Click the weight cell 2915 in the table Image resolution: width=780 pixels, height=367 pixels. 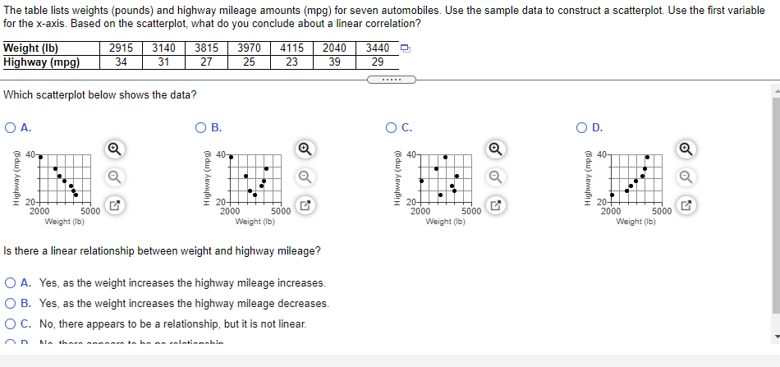pos(122,48)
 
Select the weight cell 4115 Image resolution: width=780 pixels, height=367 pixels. pos(291,48)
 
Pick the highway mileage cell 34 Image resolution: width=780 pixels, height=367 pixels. pos(122,62)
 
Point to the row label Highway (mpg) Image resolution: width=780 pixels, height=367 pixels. pos(42,62)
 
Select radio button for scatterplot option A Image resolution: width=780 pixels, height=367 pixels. pos(10,127)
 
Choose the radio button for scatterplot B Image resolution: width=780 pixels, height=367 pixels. pos(201,127)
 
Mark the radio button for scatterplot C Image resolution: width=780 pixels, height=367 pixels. pos(393,127)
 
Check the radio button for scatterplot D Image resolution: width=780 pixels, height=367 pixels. pos(584,127)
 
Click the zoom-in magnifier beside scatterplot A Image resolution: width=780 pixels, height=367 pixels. pos(115,149)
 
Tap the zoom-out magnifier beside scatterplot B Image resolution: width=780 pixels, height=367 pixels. pos(305,176)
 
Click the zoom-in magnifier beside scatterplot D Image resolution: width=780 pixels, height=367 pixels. pos(686,149)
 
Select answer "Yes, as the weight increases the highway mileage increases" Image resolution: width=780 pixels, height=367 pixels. pos(10,283)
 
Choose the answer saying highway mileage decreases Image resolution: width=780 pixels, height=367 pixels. pos(10,304)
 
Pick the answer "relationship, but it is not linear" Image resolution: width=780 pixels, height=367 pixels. pos(10,324)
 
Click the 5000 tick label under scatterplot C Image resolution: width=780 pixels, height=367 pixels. pos(471,211)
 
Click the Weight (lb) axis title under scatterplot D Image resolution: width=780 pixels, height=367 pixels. pos(635,221)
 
